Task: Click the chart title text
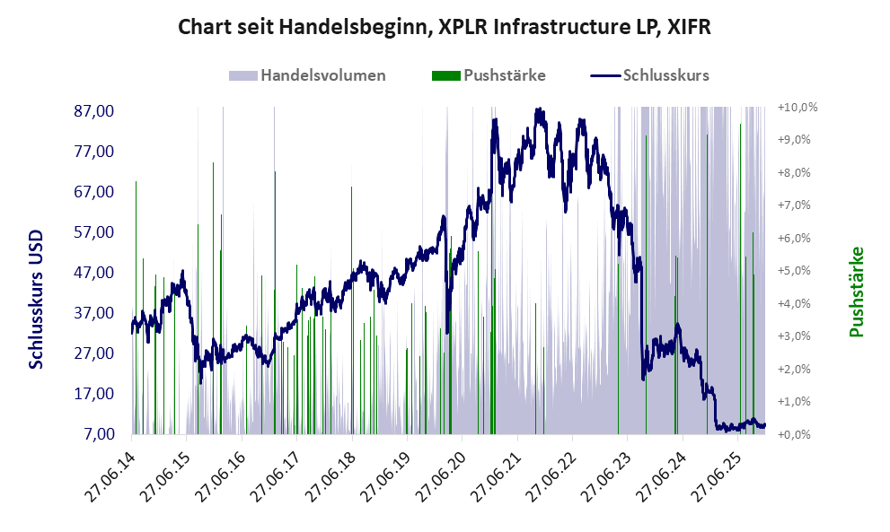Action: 445,27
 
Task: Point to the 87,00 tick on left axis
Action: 93,111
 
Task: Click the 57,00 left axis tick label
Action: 93,232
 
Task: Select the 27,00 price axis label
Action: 93,353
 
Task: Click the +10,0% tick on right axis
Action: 797,108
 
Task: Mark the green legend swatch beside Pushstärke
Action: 446,75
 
